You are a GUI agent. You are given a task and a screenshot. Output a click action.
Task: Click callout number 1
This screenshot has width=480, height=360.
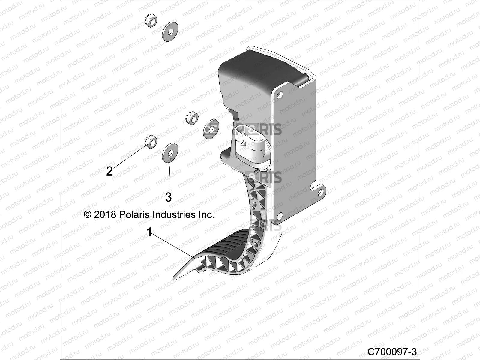click(x=149, y=232)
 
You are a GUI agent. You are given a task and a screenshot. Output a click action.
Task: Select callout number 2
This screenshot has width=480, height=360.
click(x=109, y=171)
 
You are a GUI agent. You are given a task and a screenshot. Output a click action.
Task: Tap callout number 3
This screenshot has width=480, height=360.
click(x=168, y=197)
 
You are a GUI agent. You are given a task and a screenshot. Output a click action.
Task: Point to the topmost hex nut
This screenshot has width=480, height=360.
click(x=149, y=21)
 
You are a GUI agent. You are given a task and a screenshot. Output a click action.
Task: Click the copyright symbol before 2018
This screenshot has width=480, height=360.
click(x=88, y=215)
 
